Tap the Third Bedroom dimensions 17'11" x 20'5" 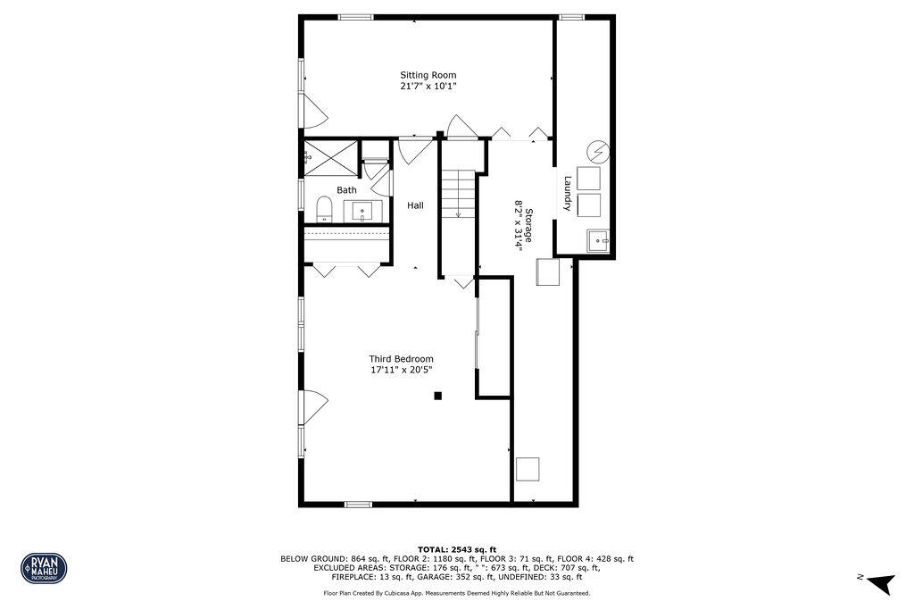pos(402,370)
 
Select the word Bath pos(346,190)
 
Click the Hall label pos(415,205)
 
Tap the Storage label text pos(528,226)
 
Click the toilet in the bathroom pos(325,210)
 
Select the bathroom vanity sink pos(362,212)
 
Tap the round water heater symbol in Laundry pos(599,152)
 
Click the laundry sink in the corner pos(599,239)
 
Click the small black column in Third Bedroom pos(437,396)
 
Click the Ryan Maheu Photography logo pos(44,568)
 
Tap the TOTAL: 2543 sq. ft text pos(457,548)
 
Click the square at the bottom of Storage pos(528,469)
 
